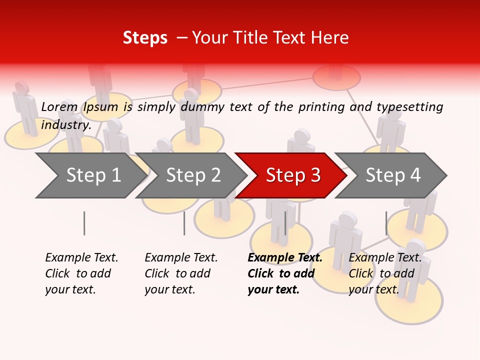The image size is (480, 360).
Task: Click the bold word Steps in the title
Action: click(145, 38)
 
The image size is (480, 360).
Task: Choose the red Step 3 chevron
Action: click(293, 175)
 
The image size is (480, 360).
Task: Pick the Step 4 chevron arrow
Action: click(393, 175)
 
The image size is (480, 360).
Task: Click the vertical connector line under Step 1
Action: click(84, 223)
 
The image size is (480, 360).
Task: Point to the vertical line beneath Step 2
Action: click(184, 223)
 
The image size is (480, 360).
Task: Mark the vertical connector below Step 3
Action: click(285, 223)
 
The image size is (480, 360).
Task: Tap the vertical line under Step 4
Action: click(386, 223)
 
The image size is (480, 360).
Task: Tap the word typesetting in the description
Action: click(409, 107)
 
